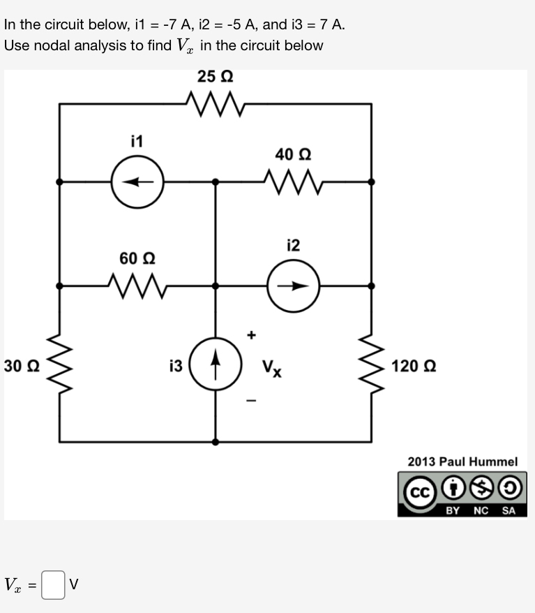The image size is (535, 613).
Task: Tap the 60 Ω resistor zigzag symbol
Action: [x=137, y=286]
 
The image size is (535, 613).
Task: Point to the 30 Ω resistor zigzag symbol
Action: [x=59, y=364]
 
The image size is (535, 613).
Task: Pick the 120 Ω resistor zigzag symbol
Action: [x=370, y=364]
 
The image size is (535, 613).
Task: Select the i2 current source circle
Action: [x=294, y=286]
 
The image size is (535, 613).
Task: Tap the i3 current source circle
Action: [x=215, y=364]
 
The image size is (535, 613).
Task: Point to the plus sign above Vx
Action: [x=252, y=336]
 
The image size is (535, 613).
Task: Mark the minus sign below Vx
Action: [x=252, y=401]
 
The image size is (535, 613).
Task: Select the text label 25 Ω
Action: [x=215, y=76]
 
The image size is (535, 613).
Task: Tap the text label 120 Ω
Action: [x=413, y=365]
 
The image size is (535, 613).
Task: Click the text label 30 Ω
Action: [x=22, y=365]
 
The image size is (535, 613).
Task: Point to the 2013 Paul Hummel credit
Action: [x=462, y=461]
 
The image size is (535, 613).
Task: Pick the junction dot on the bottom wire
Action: [x=215, y=442]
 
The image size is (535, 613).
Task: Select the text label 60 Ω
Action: [x=137, y=258]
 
